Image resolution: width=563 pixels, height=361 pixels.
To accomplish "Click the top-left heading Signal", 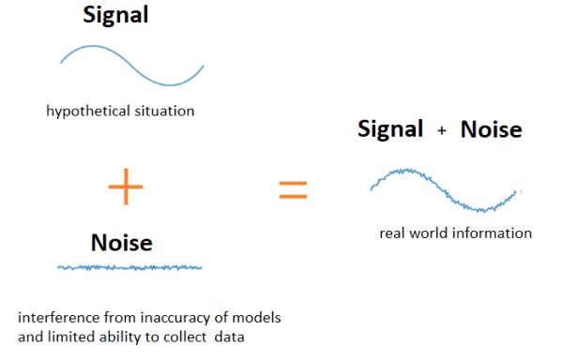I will pos(117,17).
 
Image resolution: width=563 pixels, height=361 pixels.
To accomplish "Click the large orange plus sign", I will pos(127,188).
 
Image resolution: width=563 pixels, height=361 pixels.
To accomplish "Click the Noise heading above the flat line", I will pos(121,243).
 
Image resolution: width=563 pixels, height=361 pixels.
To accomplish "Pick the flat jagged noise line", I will pos(129,268).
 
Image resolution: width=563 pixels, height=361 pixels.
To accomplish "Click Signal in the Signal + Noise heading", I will pos(390,129).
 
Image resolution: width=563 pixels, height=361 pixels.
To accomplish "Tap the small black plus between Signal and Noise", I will pos(442,132).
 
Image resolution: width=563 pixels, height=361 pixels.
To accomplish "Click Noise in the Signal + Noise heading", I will pos(491,129).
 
